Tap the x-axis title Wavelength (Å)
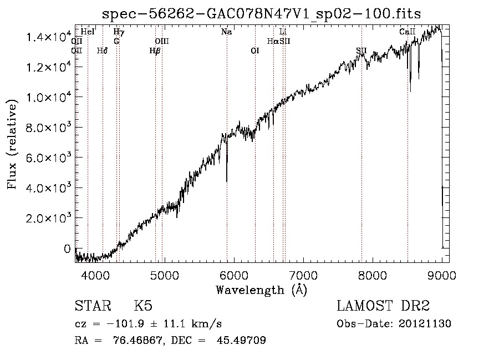pyautogui.click(x=262, y=290)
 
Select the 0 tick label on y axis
pyautogui.click(x=67, y=249)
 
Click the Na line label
pyautogui.click(x=226, y=32)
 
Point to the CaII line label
pyautogui.click(x=407, y=32)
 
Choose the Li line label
pyautogui.click(x=283, y=32)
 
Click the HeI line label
pyautogui.click(x=88, y=32)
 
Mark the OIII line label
pyautogui.click(x=162, y=42)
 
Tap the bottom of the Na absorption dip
pyautogui.click(x=227, y=180)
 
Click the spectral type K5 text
pyautogui.click(x=143, y=306)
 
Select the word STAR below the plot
pyautogui.click(x=92, y=306)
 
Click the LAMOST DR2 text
pyautogui.click(x=383, y=306)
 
